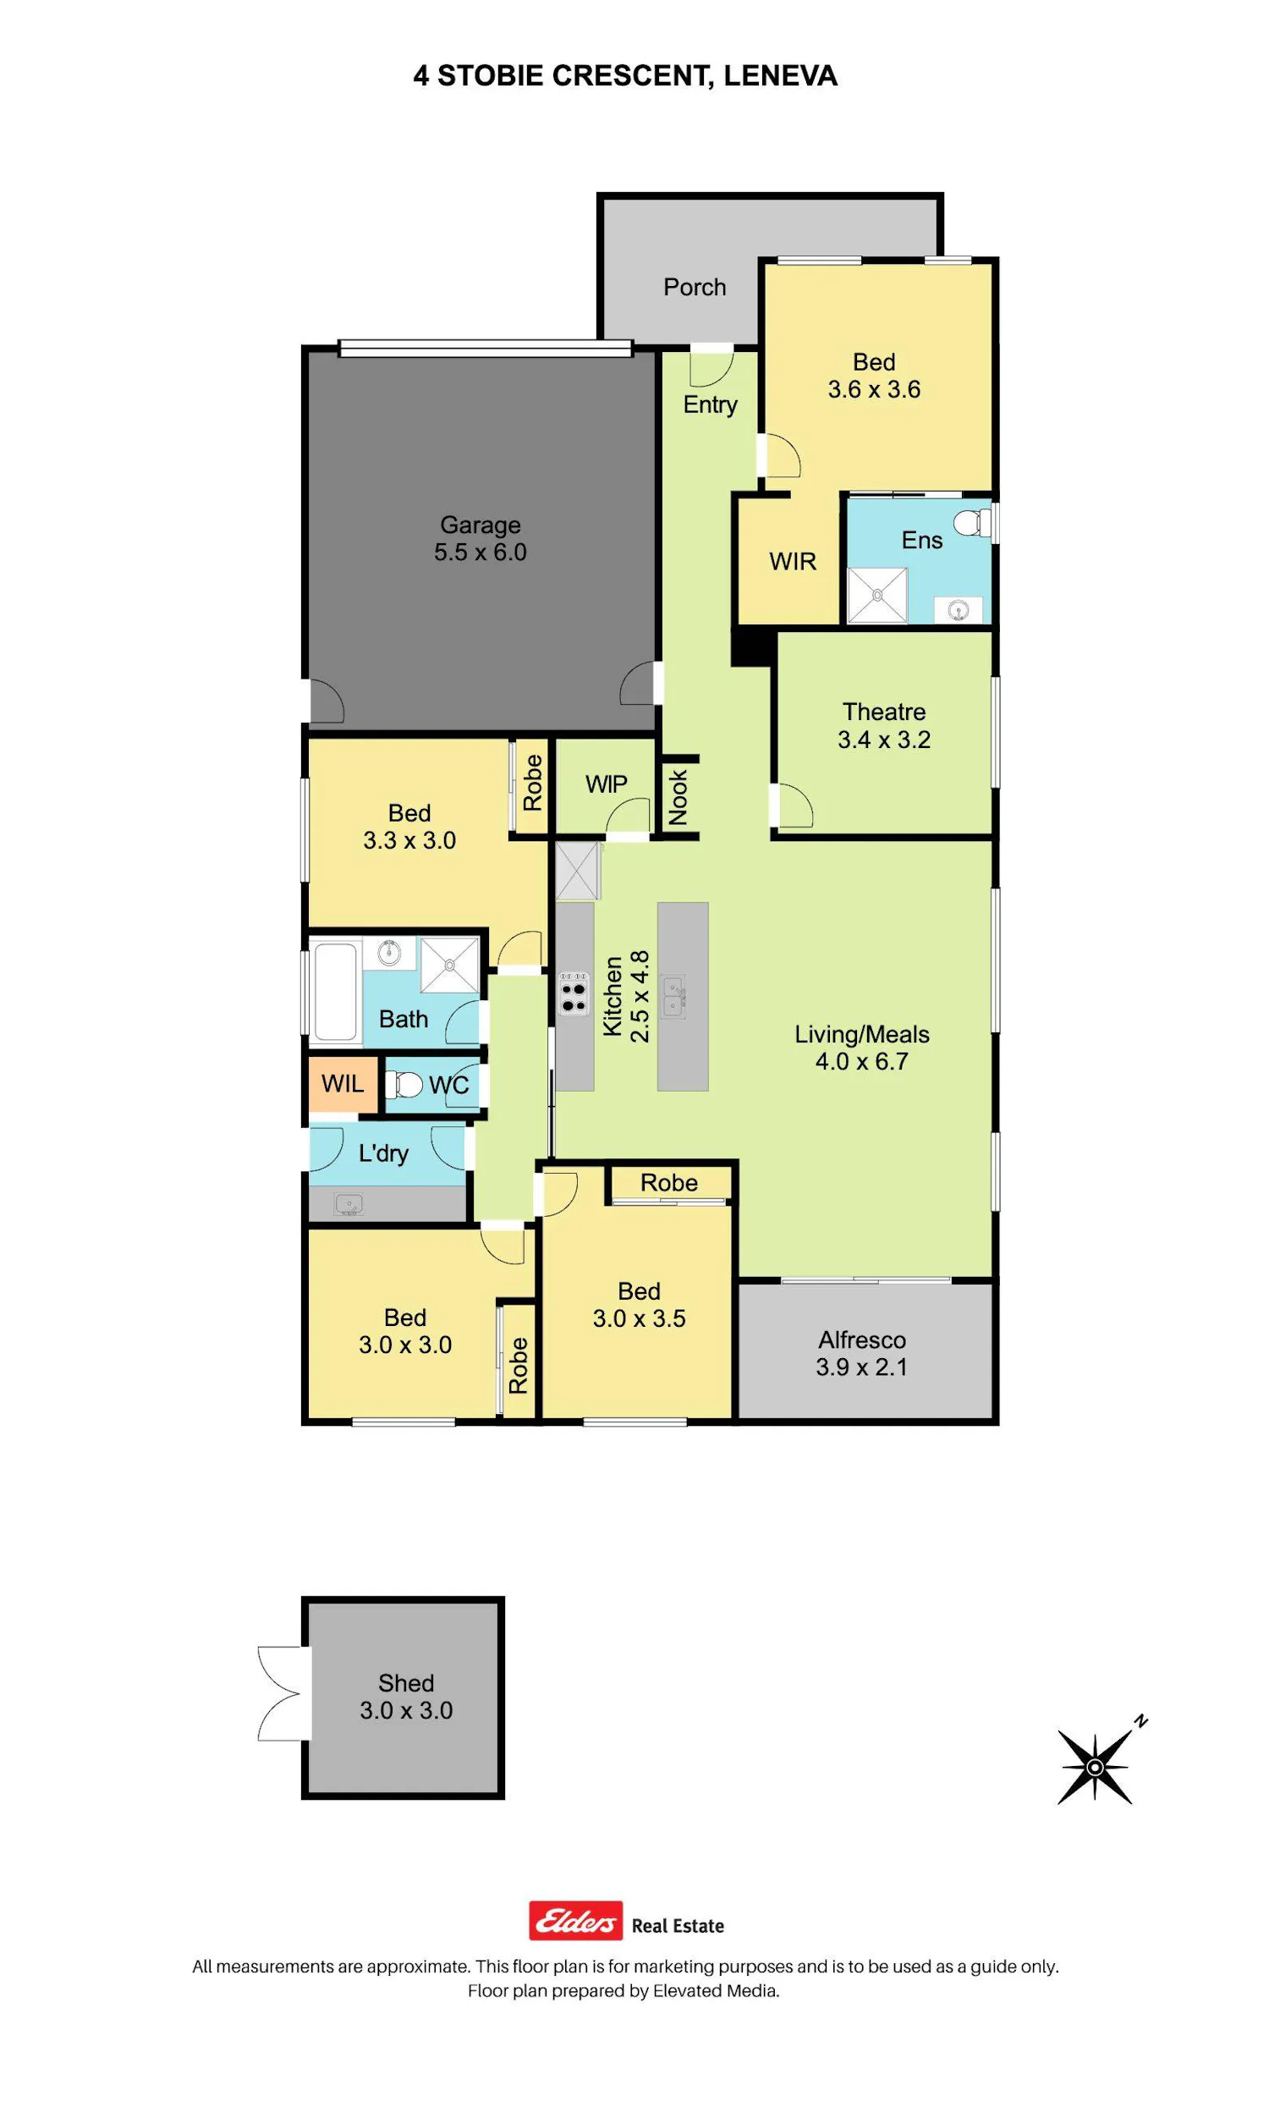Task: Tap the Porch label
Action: [695, 288]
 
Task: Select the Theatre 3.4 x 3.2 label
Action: [884, 725]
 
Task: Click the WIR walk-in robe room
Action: [788, 561]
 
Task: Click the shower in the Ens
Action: [877, 594]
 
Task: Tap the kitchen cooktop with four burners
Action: [574, 993]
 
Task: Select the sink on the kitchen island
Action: [673, 996]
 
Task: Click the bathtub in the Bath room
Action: [335, 991]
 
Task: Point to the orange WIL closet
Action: [343, 1084]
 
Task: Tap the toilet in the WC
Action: [404, 1085]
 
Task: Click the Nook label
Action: [678, 797]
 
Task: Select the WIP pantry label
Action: [607, 784]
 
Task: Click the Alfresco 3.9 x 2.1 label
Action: [862, 1353]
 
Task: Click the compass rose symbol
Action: [1096, 1766]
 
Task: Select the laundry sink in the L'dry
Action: [349, 1205]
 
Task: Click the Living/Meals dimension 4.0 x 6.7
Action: [862, 1061]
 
